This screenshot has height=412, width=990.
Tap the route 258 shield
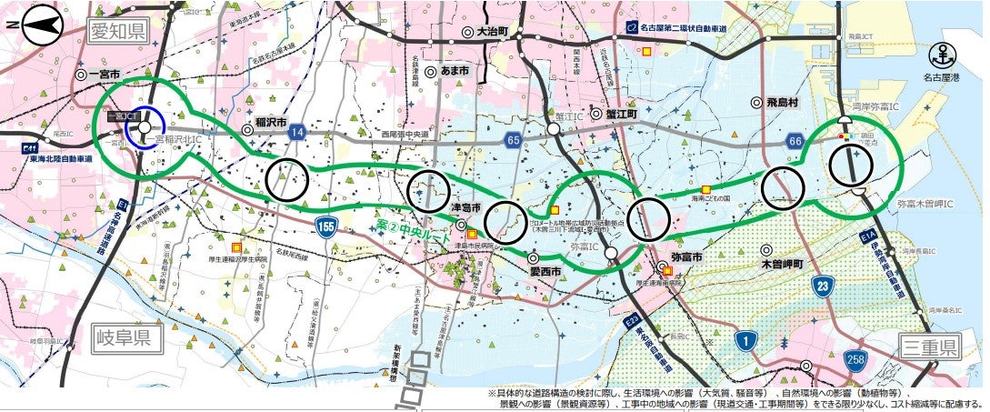point(854,359)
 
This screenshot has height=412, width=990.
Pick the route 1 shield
point(747,341)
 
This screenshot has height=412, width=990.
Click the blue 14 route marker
point(296,133)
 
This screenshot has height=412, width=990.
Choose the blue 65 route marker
point(514,140)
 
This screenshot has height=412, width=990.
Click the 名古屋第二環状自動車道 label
point(691,29)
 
